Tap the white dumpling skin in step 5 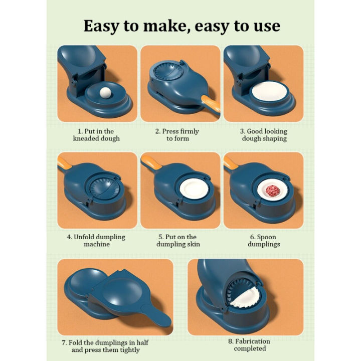pyautogui.click(x=192, y=191)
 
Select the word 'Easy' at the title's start pyautogui.click(x=103, y=26)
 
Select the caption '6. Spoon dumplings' pyautogui.click(x=264, y=240)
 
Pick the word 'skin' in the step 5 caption pyautogui.click(x=193, y=244)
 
